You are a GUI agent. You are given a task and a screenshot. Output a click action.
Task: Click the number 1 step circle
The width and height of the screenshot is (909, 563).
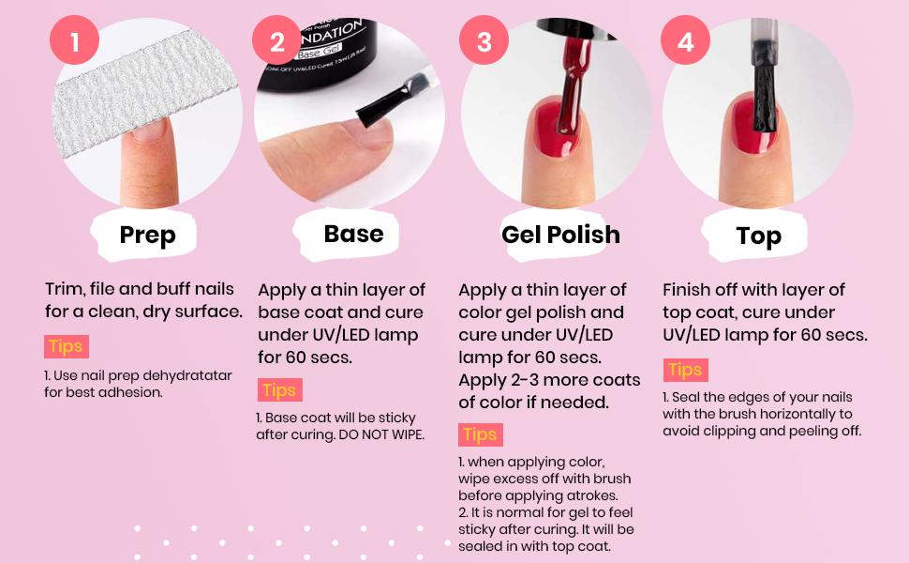(74, 40)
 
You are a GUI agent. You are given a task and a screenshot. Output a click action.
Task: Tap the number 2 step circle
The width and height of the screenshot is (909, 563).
(277, 40)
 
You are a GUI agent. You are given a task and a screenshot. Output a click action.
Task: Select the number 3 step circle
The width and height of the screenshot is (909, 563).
(484, 40)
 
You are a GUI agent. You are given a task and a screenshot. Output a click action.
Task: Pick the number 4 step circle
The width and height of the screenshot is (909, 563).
(686, 40)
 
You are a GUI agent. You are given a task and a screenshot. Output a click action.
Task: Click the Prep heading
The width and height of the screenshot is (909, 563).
(147, 236)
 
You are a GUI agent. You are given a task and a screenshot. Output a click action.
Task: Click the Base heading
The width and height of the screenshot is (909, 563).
(353, 234)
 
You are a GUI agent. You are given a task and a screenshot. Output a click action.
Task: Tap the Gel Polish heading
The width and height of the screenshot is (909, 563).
(560, 235)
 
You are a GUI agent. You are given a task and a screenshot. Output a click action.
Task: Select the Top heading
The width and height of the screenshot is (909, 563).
(759, 236)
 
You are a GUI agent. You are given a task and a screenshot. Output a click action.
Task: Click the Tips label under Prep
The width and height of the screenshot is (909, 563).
(67, 346)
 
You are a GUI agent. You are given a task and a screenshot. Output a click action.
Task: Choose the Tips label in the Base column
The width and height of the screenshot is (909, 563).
(279, 390)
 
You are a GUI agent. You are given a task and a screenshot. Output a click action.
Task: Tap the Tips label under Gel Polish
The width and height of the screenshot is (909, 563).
(481, 434)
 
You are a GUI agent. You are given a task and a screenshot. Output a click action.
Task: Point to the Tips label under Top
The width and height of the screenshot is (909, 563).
(686, 370)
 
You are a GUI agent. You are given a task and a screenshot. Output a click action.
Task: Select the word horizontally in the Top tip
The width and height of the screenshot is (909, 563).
(798, 414)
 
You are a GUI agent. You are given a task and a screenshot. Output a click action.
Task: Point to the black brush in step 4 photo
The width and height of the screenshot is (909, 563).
(764, 93)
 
